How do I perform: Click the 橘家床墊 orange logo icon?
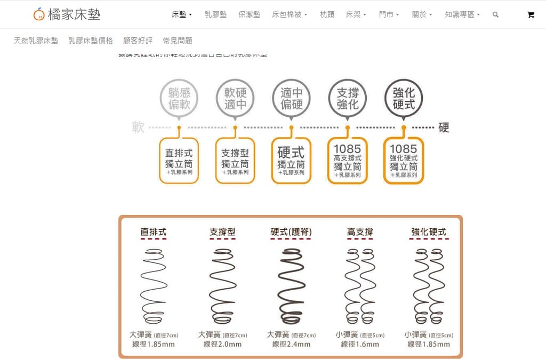point(39,14)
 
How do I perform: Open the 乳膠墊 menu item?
point(215,14)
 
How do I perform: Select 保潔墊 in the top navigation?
point(249,14)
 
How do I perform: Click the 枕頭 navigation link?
point(327,14)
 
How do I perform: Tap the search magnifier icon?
point(495,15)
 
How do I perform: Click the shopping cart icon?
point(531,15)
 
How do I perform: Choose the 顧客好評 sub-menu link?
point(138,41)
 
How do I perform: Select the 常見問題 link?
point(178,41)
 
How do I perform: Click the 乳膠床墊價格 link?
point(91,41)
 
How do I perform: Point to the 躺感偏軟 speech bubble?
point(179,99)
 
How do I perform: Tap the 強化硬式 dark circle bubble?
point(404,99)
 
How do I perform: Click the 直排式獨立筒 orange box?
point(179,161)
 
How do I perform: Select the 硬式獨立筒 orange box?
point(291,161)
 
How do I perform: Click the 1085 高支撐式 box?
point(347,161)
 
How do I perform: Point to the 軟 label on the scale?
point(138,127)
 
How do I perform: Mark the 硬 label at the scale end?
point(444,127)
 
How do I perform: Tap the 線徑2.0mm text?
point(222,345)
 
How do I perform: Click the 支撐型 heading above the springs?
point(222,232)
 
